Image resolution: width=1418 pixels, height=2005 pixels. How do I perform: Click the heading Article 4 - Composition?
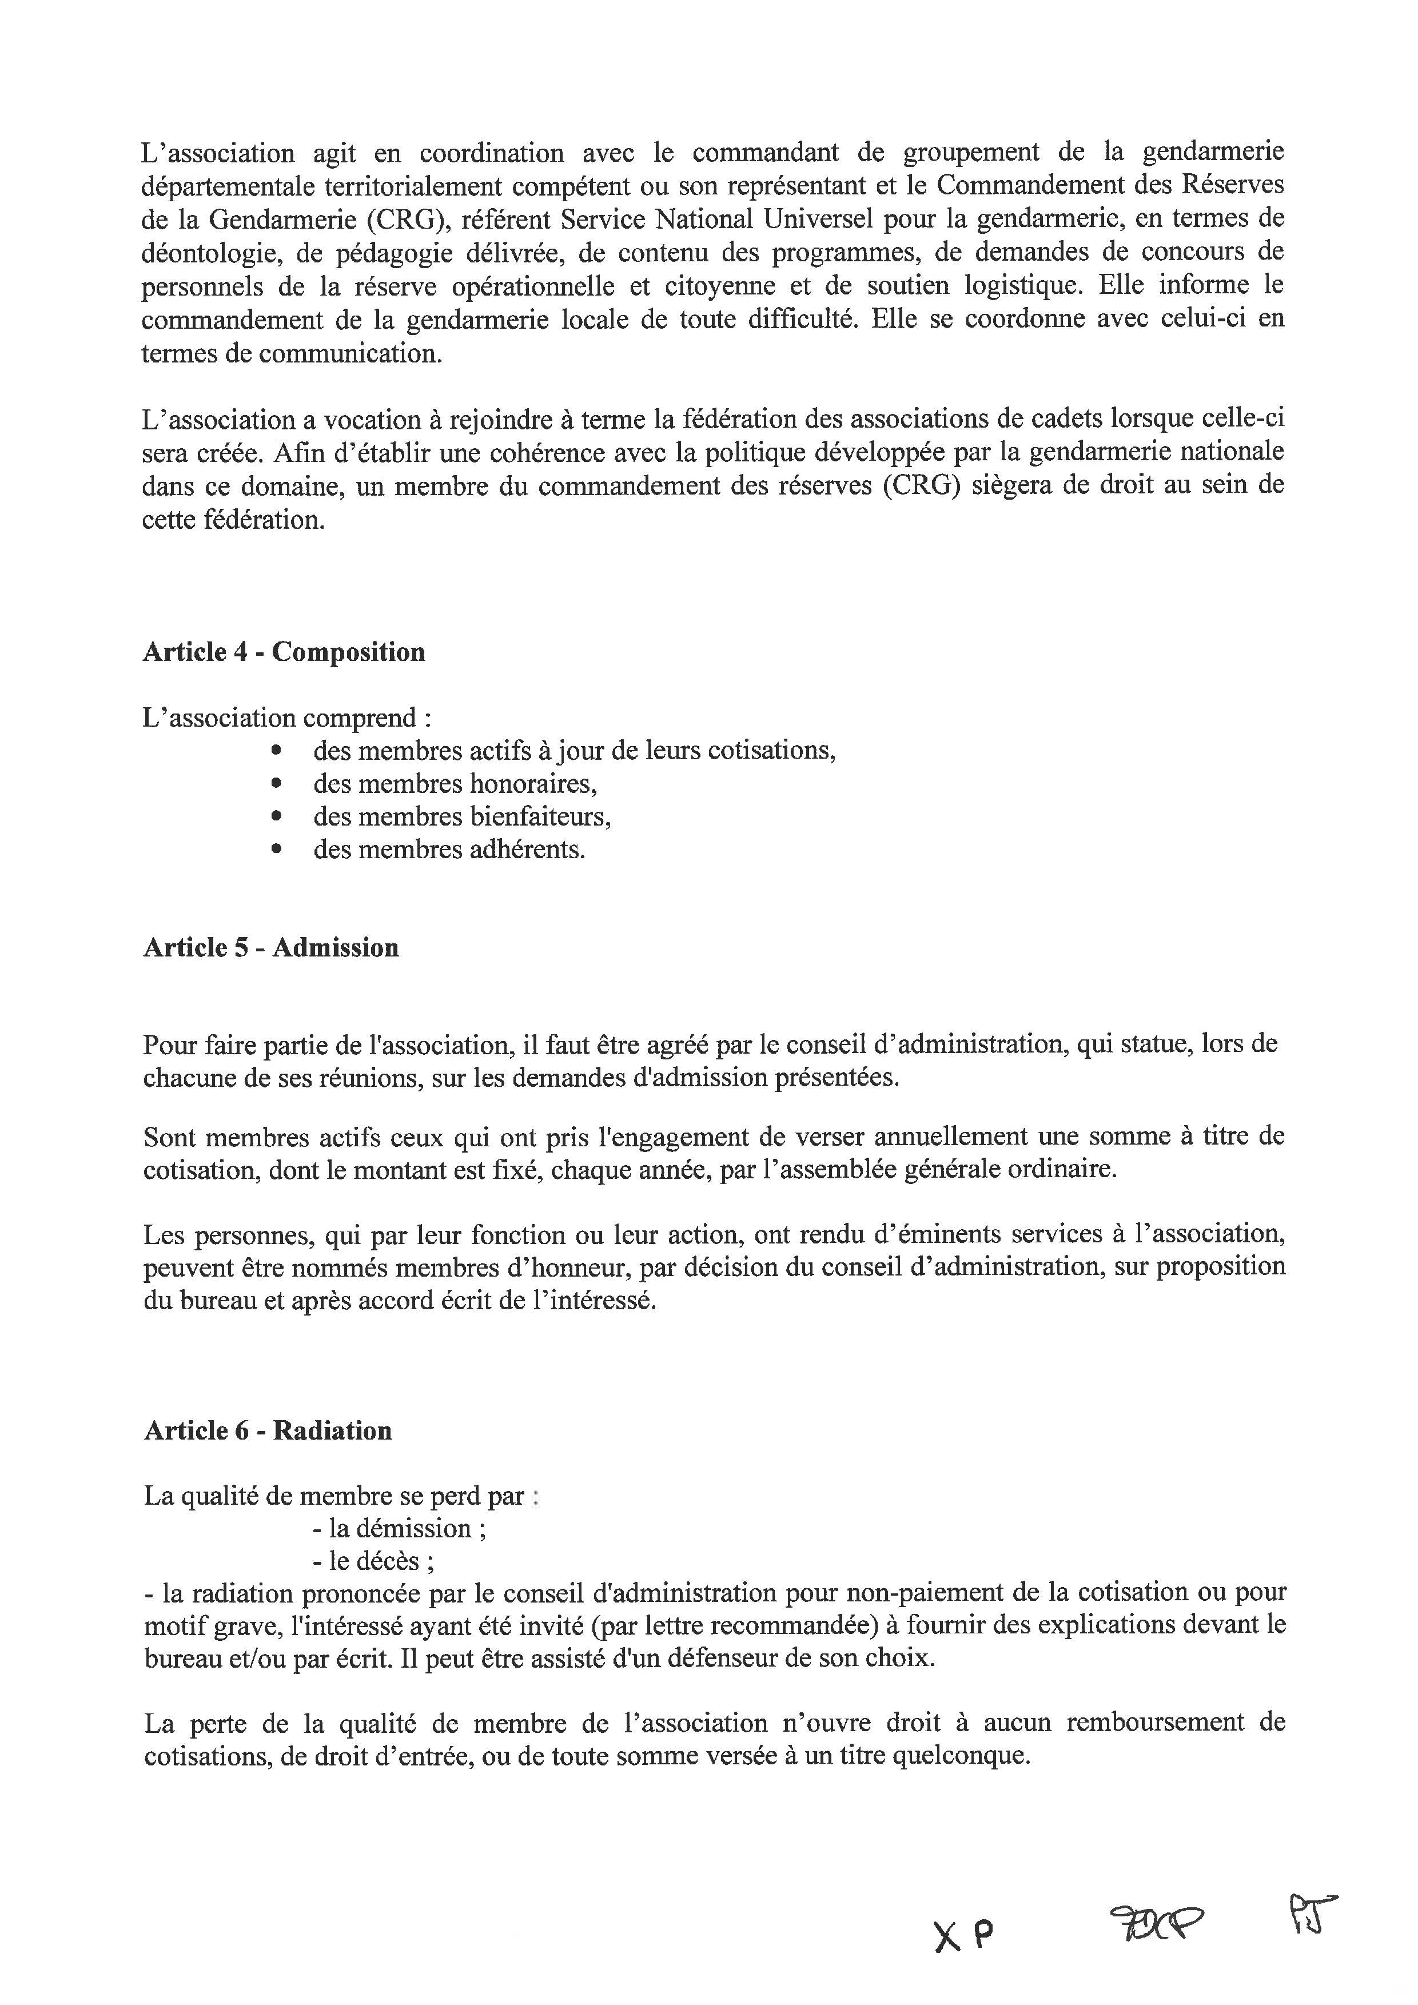pos(284,652)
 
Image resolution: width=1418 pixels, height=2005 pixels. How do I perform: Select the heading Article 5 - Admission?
pos(270,947)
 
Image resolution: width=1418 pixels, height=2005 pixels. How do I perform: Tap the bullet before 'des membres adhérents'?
pos(277,850)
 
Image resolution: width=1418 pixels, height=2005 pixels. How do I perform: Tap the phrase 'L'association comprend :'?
pos(287,718)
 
